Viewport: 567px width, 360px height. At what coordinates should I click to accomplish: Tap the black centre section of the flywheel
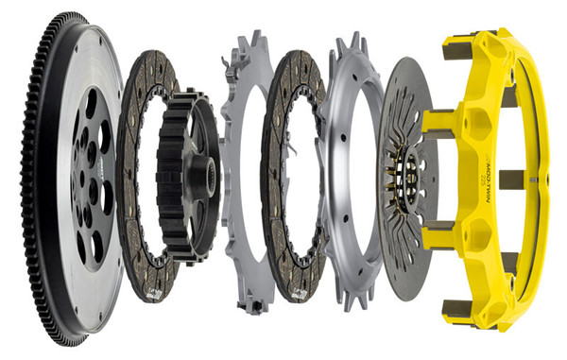tap(91, 180)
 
